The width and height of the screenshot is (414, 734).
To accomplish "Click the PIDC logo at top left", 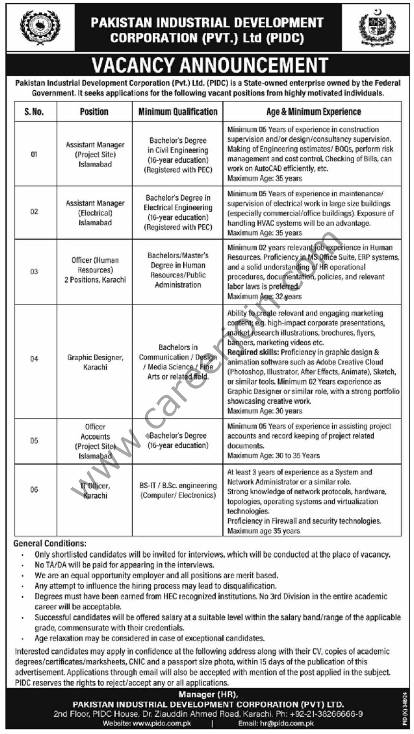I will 40,26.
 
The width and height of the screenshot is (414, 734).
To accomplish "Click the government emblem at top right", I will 377,27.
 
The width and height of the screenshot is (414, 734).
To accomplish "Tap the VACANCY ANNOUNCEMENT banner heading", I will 210,65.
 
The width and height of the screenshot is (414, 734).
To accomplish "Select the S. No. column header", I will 34,112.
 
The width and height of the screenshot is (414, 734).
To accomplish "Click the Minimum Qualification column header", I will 178,112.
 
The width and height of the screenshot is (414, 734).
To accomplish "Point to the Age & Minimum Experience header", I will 313,112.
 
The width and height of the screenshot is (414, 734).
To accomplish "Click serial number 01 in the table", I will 34,155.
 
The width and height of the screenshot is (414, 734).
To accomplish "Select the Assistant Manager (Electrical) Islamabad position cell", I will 95,213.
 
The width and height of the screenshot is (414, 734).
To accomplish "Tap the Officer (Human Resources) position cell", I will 95,271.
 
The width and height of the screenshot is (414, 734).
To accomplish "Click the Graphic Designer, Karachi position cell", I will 95,362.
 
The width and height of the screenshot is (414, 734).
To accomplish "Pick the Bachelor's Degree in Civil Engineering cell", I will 178,155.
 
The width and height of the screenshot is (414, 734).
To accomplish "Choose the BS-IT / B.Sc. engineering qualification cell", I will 178,490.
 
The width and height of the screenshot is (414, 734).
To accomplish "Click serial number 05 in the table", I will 34,440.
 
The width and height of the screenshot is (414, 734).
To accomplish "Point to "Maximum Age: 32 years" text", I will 264,296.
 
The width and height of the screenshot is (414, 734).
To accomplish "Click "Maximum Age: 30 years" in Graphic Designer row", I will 264,411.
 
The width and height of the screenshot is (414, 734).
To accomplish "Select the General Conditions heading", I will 50,544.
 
